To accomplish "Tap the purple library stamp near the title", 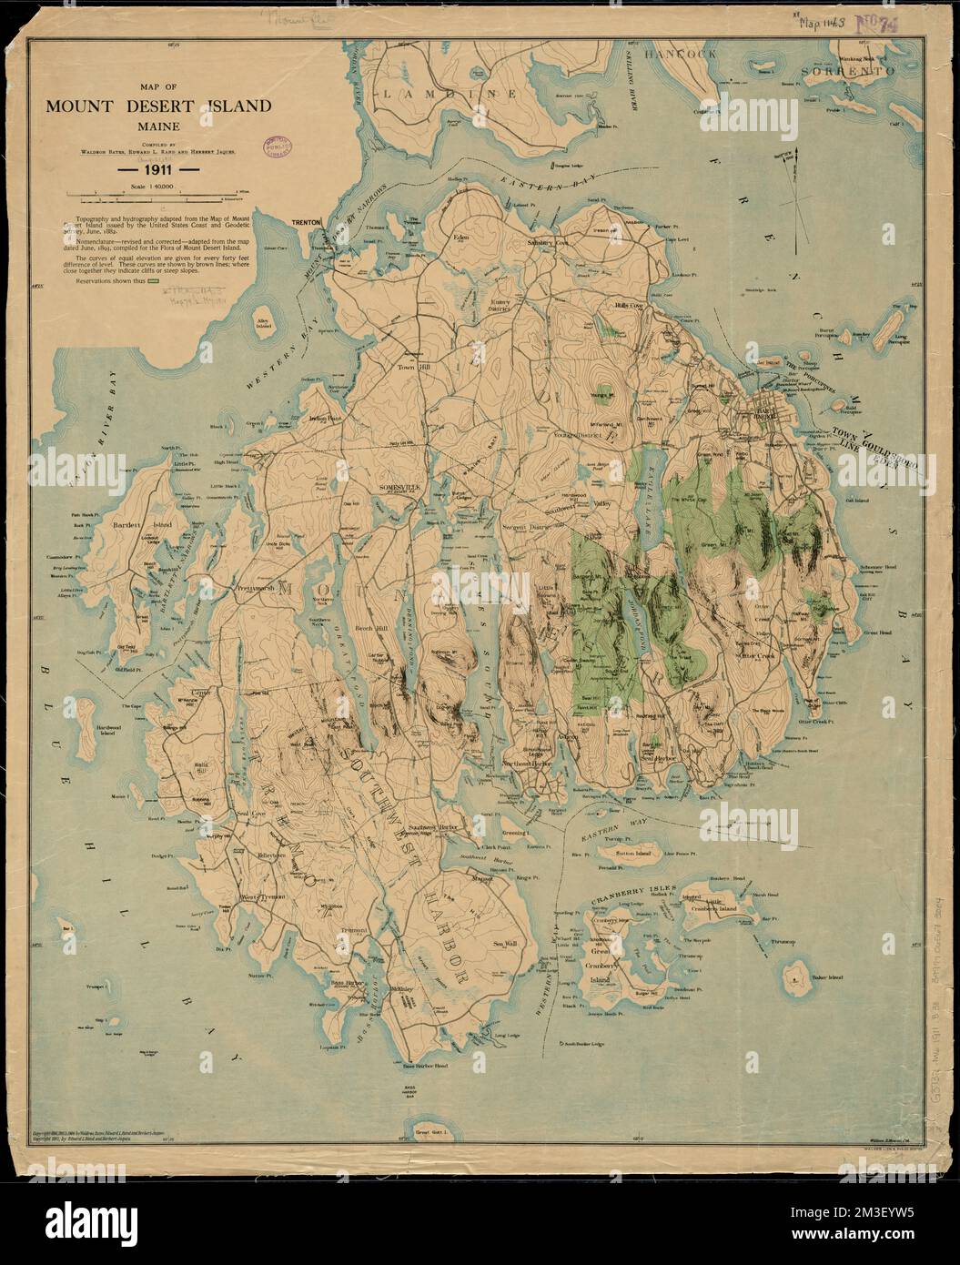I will tap(278, 145).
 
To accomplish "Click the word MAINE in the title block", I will tap(159, 127).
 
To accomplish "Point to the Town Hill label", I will tap(409, 368).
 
